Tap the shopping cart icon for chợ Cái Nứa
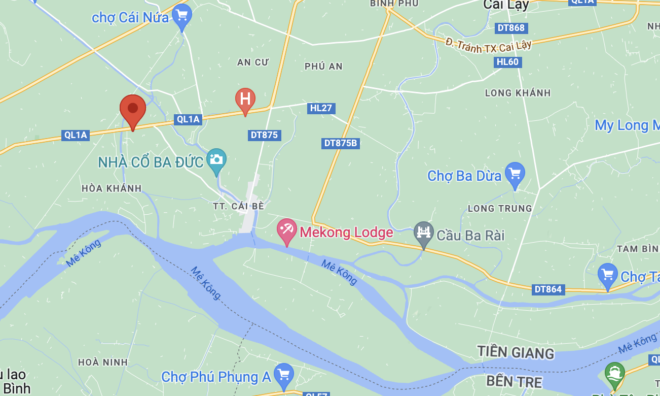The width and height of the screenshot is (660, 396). (x=182, y=15)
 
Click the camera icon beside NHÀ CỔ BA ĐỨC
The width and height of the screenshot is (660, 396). (x=216, y=159)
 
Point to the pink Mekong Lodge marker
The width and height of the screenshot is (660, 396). (x=286, y=230)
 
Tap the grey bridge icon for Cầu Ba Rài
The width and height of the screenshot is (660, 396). (x=423, y=233)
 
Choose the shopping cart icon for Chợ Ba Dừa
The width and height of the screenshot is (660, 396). (x=515, y=173)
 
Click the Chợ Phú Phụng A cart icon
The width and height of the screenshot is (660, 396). (x=283, y=375)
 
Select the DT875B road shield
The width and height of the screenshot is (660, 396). (x=341, y=143)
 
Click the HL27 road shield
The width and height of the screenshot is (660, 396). (x=321, y=108)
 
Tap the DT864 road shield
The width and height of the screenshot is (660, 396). (x=548, y=289)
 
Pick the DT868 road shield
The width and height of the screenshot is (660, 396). (x=511, y=28)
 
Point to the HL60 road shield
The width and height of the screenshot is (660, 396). (x=507, y=62)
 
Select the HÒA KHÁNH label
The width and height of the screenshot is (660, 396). (x=112, y=188)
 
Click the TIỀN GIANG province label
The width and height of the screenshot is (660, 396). (x=516, y=352)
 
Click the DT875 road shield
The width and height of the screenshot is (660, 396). (x=265, y=135)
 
